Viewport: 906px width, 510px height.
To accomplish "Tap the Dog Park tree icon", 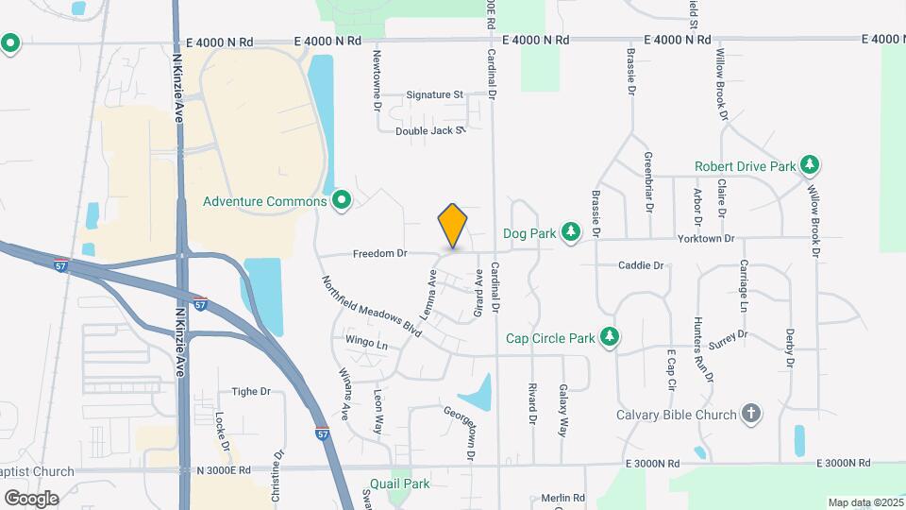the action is pos(569,231).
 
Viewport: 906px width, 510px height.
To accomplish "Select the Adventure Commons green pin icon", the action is pos(343,200).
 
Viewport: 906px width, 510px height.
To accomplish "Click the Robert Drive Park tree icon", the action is pos(809,166).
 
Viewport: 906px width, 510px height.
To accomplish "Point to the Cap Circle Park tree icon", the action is pos(610,337).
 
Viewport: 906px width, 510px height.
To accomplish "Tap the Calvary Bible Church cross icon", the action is pos(750,415).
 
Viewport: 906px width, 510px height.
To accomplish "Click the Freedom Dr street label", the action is pos(380,254).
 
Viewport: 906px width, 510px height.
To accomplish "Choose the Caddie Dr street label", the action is pos(642,266).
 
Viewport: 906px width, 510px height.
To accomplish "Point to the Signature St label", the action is pos(434,95).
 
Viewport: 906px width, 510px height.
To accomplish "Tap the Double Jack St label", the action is pos(430,131).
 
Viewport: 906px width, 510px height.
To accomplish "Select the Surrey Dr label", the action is pos(730,335).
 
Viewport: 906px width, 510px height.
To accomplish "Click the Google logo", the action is pos(31,499).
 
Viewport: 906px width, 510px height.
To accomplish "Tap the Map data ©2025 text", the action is pos(864,502).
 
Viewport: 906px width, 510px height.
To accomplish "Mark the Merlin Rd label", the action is pos(563,498).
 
